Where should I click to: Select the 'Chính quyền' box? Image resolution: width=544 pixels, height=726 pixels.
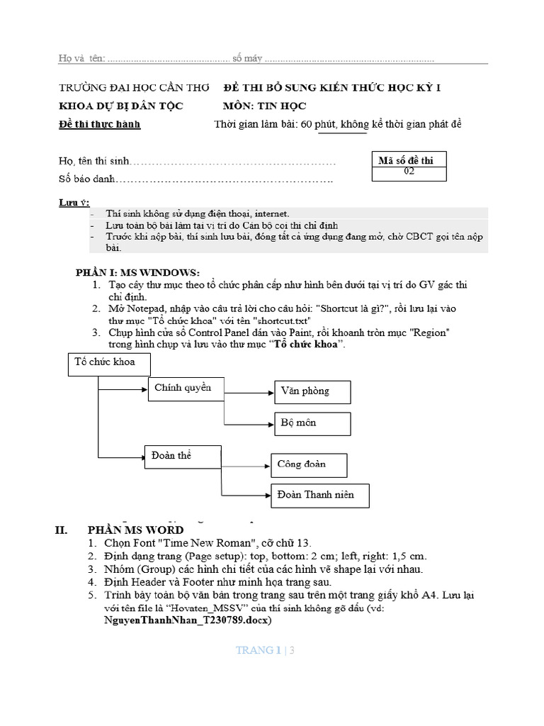[183, 389]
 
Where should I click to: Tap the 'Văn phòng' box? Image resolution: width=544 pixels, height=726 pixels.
[312, 391]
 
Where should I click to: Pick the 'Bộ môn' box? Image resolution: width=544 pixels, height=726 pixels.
[312, 423]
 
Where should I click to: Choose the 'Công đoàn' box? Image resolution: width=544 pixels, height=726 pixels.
[309, 465]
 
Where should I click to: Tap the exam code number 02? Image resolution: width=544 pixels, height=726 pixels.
[409, 171]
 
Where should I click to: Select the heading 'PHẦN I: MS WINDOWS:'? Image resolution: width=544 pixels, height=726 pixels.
[138, 272]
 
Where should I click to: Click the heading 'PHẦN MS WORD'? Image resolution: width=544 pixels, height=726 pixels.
[135, 530]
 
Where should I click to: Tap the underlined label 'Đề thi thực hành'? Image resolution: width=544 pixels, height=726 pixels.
[99, 125]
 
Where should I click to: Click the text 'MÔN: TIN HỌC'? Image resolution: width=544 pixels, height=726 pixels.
[265, 106]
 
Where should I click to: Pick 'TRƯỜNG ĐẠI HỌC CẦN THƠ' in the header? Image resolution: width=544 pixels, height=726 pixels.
[135, 88]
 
